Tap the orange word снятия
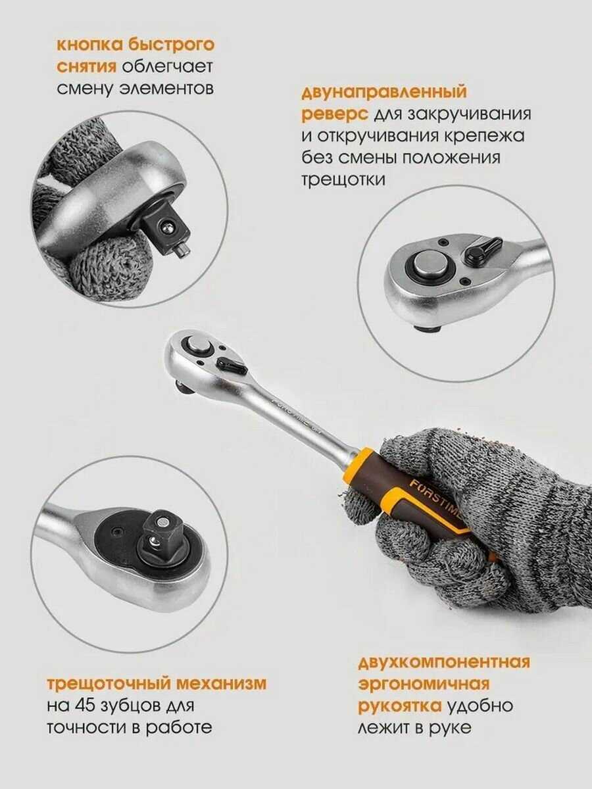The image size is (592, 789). point(87,67)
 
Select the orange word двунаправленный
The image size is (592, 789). point(384,93)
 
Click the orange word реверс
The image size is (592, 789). point(335,114)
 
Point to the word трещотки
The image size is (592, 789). point(343,179)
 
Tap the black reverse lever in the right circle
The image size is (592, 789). point(482,249)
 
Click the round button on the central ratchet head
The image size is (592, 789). point(199,347)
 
